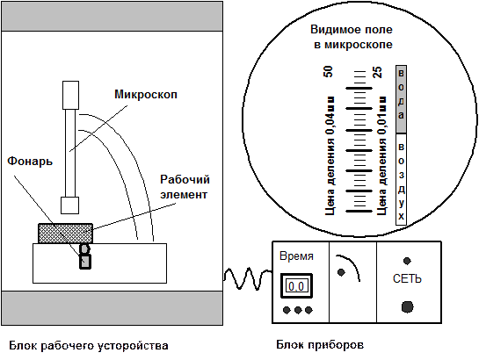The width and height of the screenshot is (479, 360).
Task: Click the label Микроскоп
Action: coord(146,95)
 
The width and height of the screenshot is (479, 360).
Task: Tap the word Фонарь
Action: coord(30,161)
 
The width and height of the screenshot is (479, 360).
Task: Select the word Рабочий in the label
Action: coord(185,179)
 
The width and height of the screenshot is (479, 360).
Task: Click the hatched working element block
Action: coord(65,234)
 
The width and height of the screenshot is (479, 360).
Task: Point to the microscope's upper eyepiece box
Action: coord(71,95)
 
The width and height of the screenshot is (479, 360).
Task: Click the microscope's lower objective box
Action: coord(70,205)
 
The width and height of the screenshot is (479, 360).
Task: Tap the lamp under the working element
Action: coord(85,256)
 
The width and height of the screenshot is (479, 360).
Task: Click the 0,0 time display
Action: coord(296,286)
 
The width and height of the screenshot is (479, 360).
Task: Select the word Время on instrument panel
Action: coord(296,256)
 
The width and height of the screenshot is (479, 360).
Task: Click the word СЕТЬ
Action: coord(407,278)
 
